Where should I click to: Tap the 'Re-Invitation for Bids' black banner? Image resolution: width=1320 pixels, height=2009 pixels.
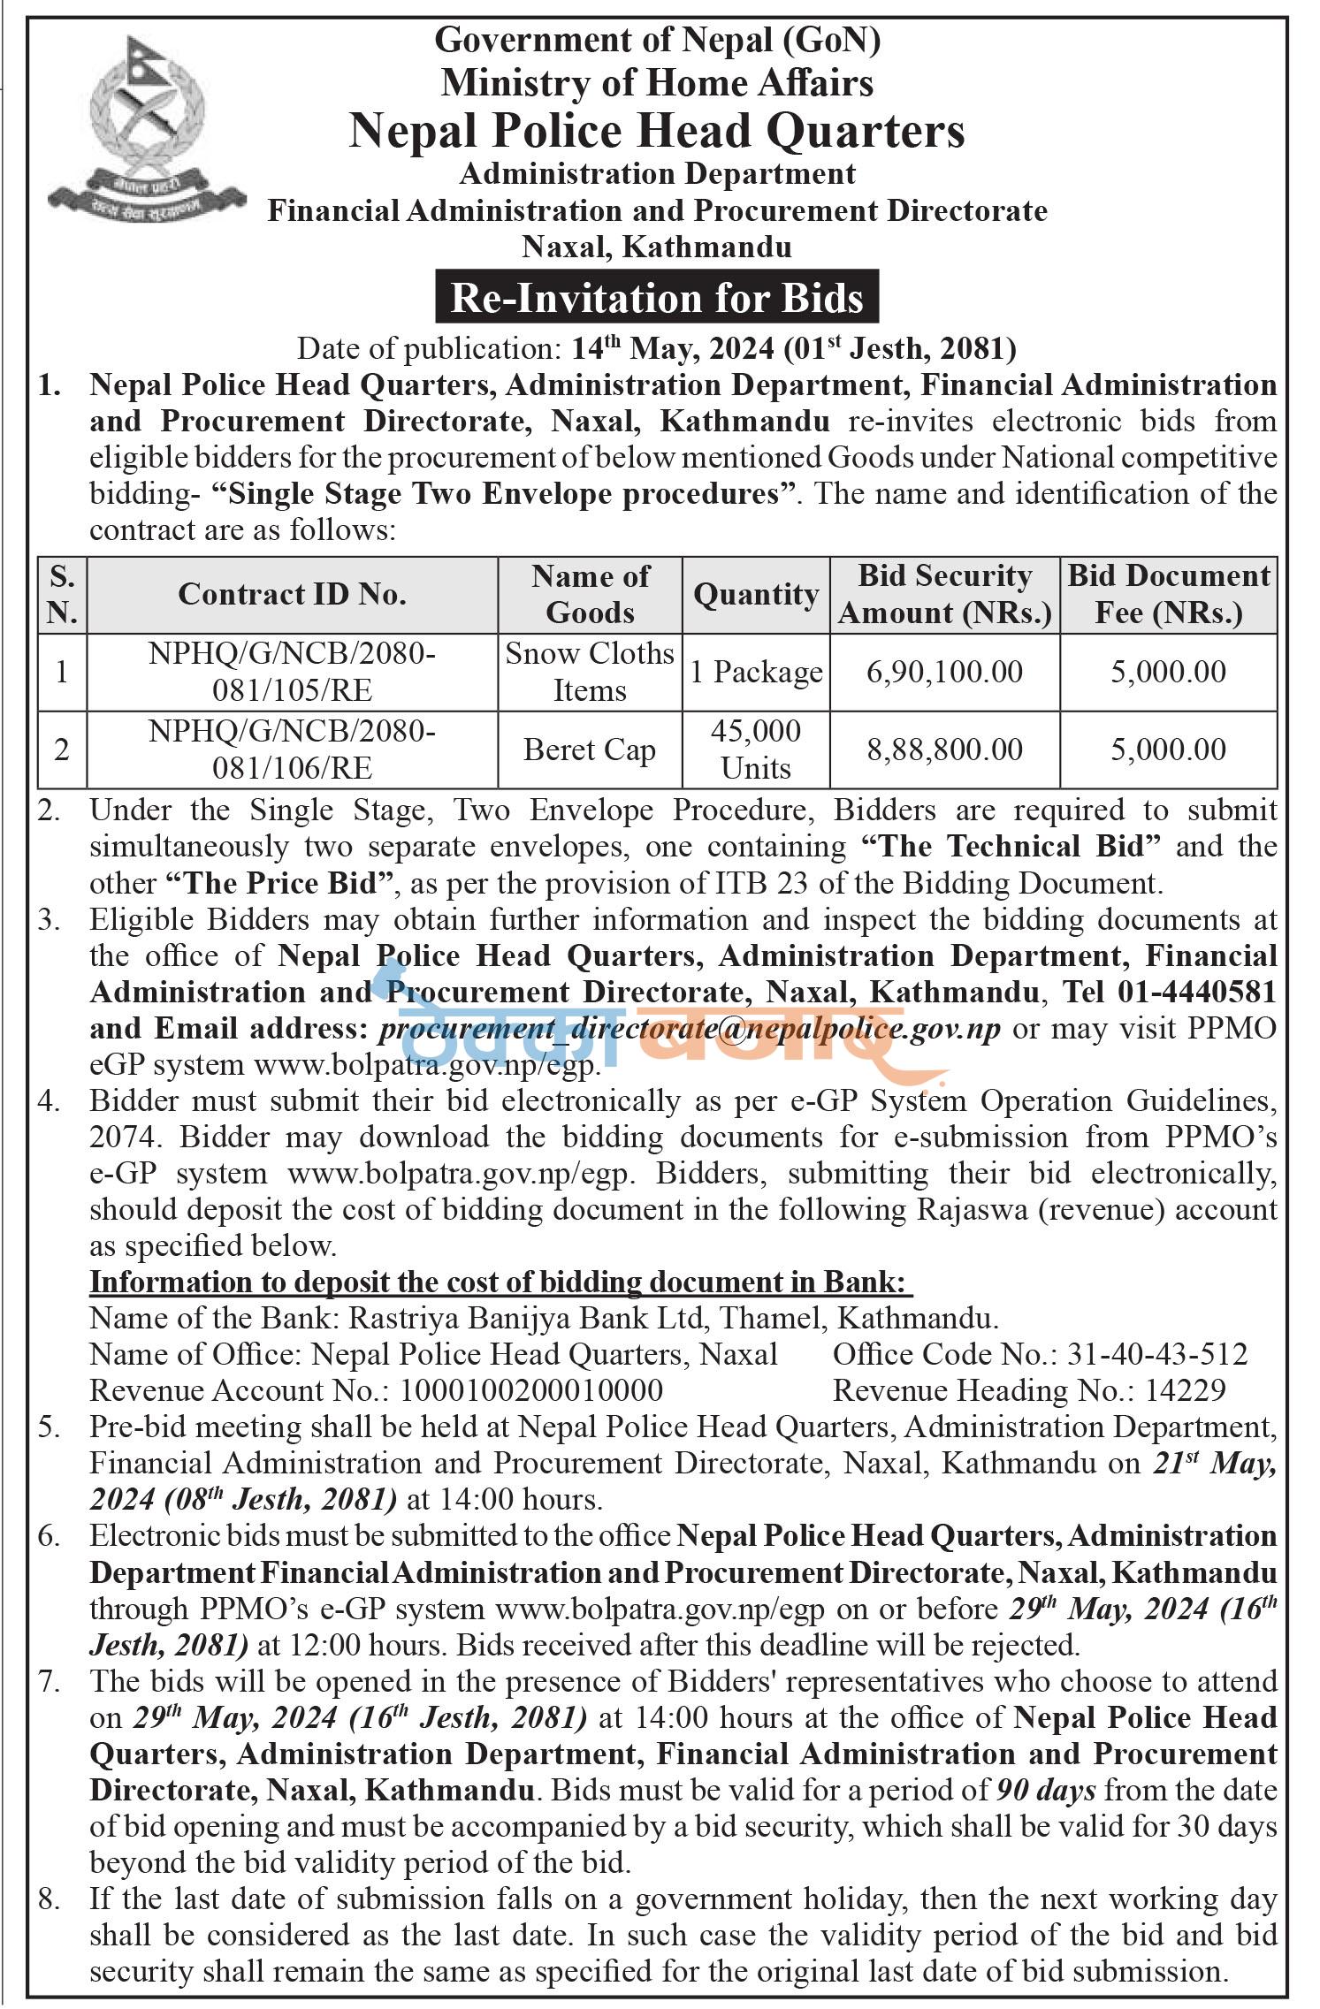coord(657,297)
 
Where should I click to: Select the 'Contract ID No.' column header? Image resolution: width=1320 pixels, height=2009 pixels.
coord(292,594)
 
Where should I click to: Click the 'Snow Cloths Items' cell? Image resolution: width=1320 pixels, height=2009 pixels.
coord(590,672)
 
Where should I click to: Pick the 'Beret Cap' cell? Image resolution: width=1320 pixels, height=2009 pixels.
coord(590,750)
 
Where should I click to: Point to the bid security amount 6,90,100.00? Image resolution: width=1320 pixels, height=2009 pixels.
coord(944,672)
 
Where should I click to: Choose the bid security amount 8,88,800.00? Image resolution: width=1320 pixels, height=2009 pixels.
coord(944,750)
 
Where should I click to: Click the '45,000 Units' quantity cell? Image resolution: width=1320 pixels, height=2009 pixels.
coord(756,750)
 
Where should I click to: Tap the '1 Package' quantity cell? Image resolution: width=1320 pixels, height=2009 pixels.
coord(756,672)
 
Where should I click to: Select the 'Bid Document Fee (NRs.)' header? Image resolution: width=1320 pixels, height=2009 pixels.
coord(1169,594)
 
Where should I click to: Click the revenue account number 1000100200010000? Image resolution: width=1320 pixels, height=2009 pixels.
coord(531,1390)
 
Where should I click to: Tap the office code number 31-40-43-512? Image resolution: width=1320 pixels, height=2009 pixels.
coord(1158,1354)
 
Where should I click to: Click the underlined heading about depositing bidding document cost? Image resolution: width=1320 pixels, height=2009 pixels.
coord(501,1282)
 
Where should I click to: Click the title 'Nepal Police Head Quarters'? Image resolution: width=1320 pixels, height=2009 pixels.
coord(657,131)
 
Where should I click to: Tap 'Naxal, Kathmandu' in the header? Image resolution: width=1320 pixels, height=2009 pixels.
coord(657,247)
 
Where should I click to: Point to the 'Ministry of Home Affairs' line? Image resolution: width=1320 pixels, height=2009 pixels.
coord(657,83)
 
